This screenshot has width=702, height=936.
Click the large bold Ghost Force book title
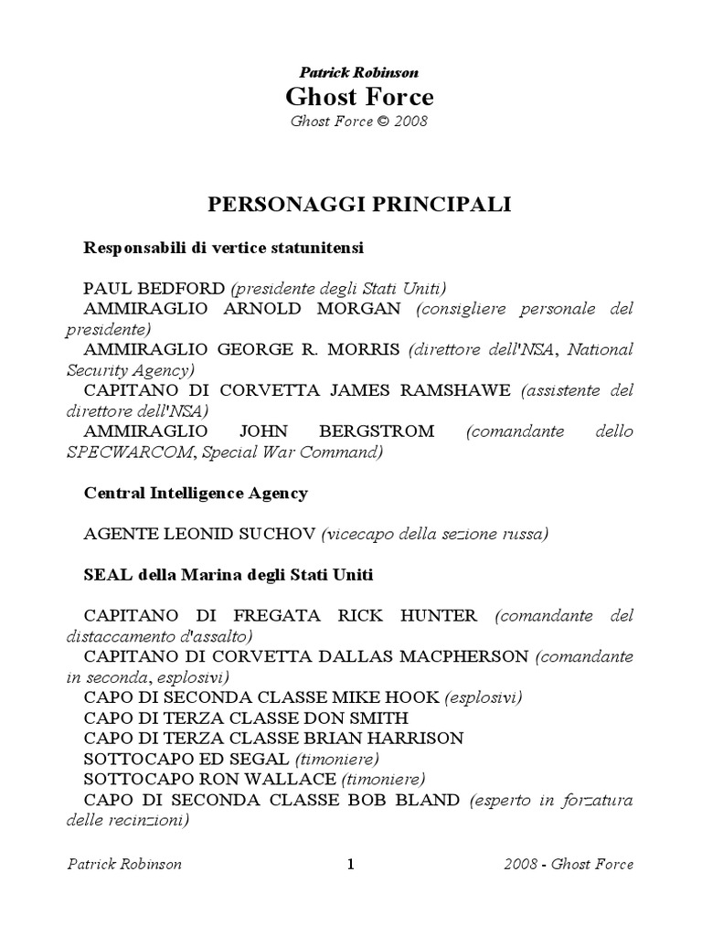pos(359,96)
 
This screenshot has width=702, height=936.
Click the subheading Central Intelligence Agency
pos(196,493)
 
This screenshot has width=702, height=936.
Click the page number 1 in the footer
pos(350,865)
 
